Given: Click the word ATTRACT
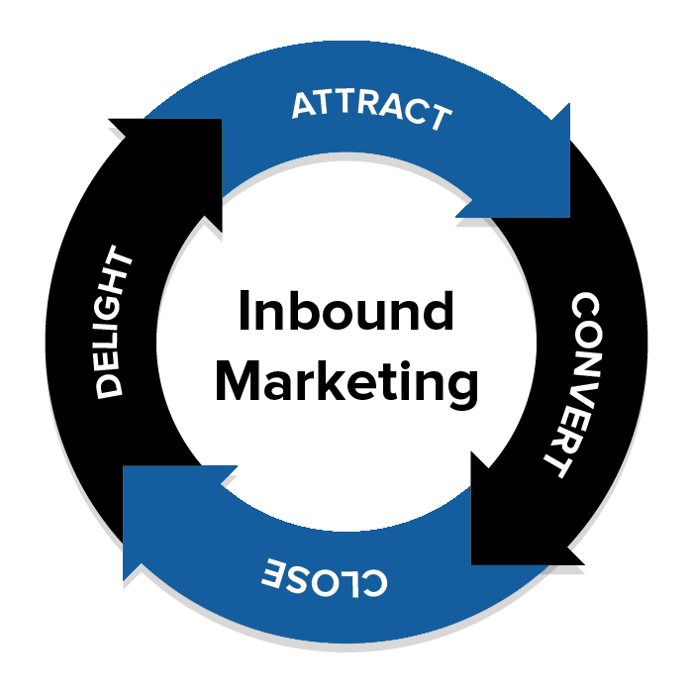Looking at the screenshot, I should (x=371, y=109).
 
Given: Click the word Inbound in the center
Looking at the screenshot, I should (x=346, y=313).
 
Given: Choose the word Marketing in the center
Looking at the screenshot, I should (x=346, y=382).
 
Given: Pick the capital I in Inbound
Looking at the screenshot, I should (x=244, y=313).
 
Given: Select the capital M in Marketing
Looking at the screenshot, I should (x=236, y=380).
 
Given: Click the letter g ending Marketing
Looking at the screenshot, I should (x=461, y=387).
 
